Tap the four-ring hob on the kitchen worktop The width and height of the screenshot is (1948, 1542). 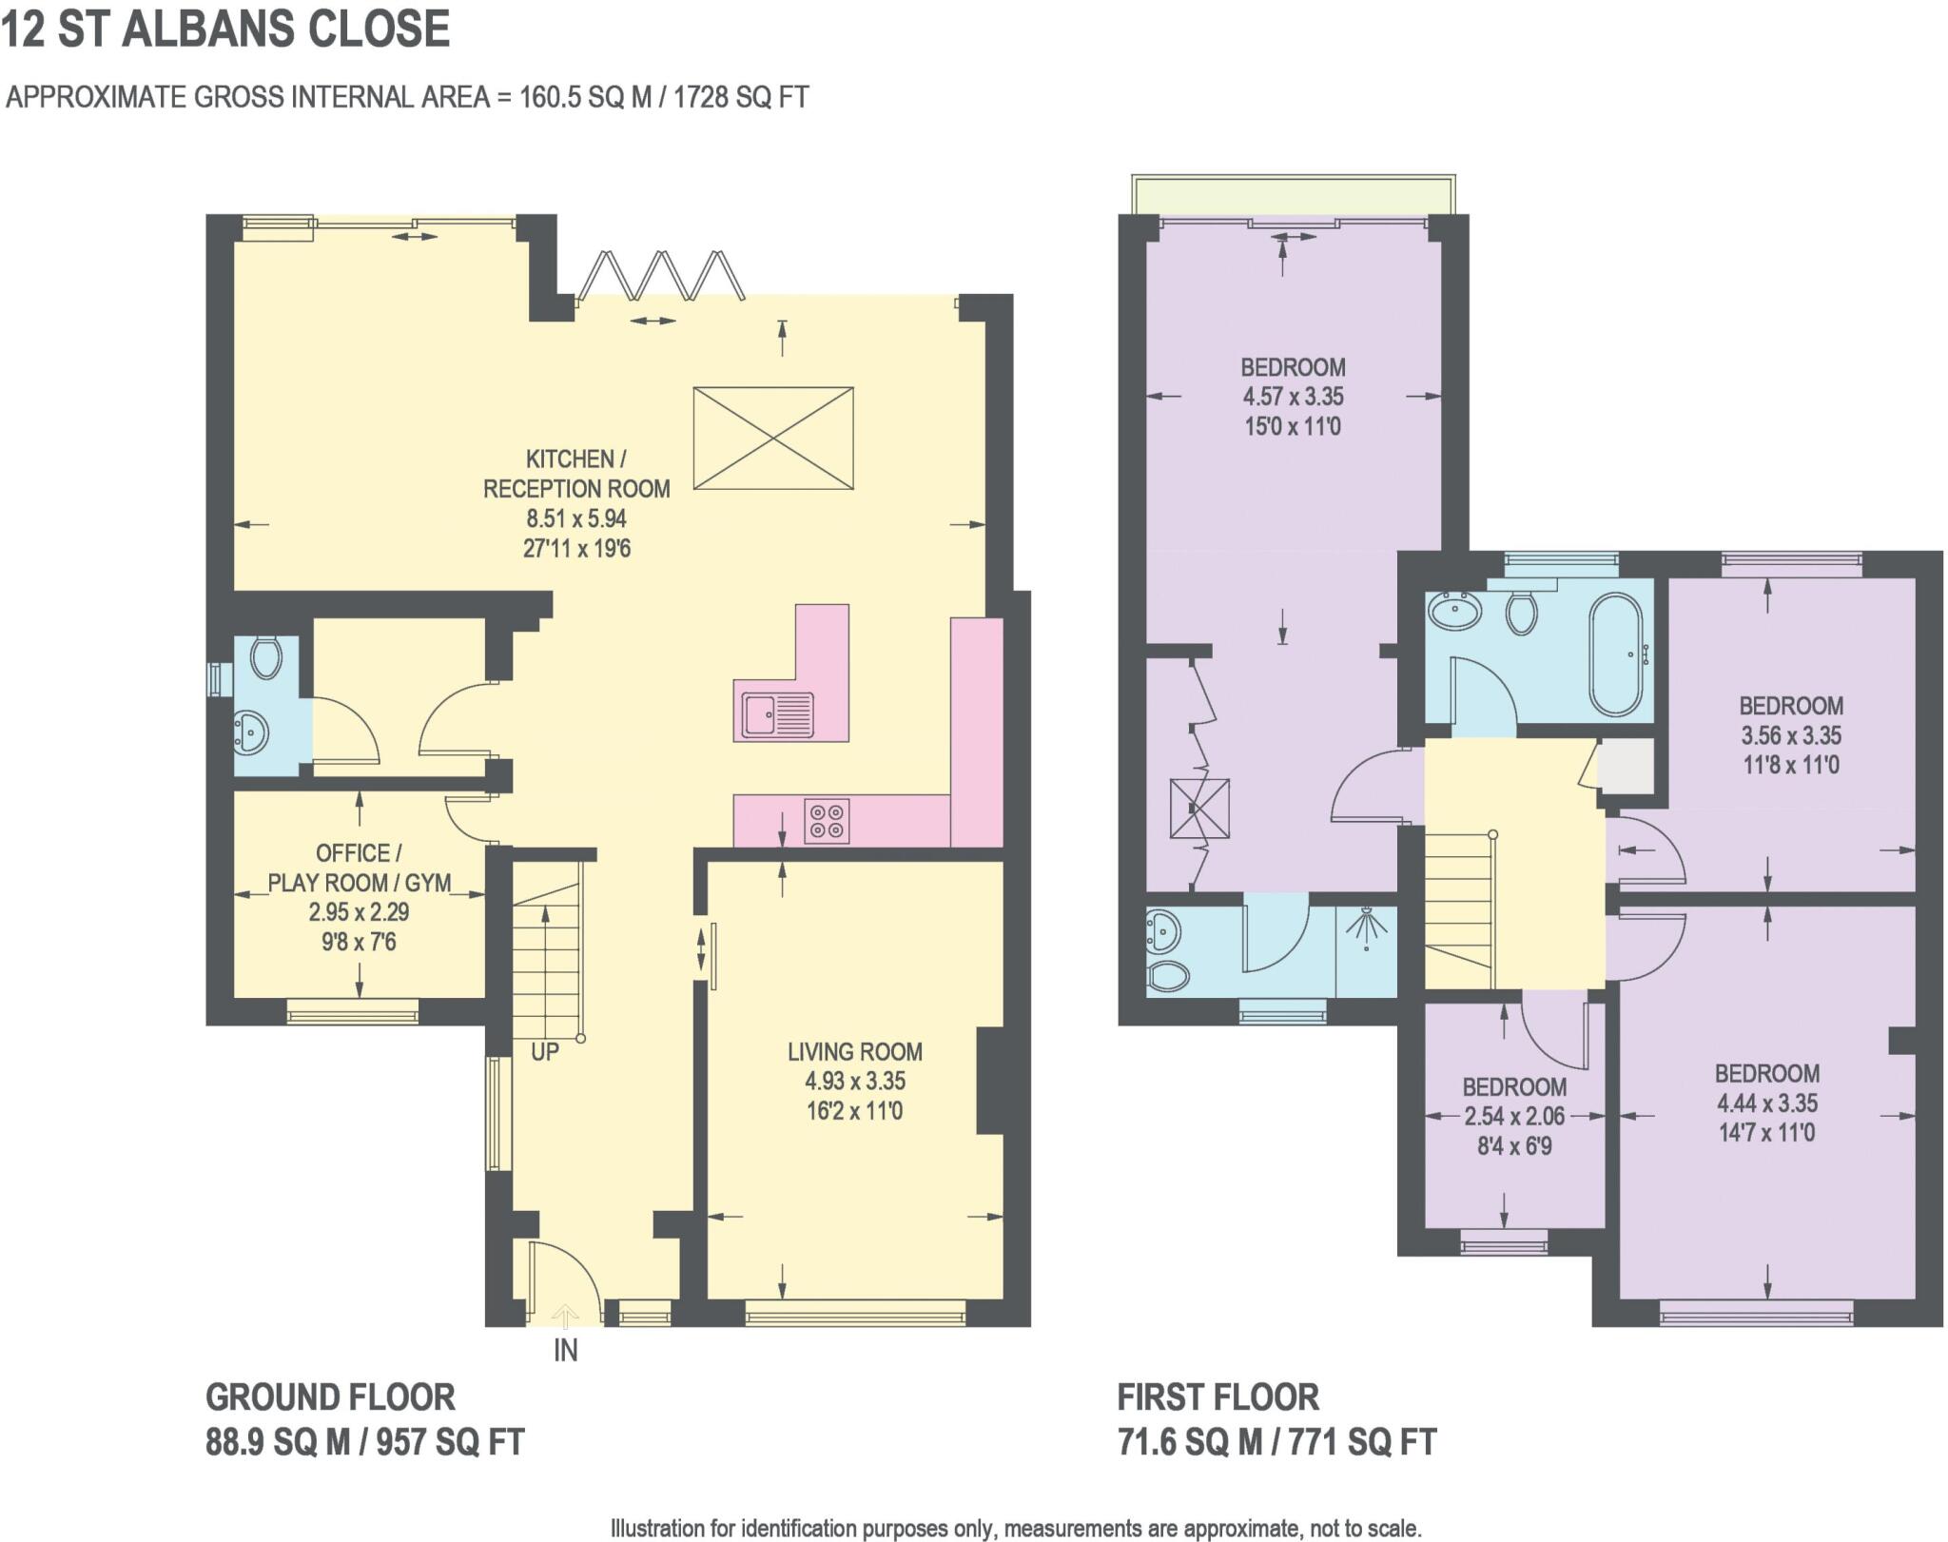point(827,821)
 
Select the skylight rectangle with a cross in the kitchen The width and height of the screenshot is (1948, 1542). point(772,439)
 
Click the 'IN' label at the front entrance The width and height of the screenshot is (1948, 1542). point(565,1350)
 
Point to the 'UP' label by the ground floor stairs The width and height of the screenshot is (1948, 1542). point(545,1051)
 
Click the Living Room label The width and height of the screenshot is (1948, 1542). point(854,1051)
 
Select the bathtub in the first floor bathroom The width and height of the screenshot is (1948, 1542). point(1615,654)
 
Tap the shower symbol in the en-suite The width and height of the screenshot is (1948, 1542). point(1367,927)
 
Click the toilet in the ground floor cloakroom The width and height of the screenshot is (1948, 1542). point(265,656)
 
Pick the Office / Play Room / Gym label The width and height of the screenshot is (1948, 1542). point(359,867)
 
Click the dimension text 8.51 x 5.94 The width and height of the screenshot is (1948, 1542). point(576,518)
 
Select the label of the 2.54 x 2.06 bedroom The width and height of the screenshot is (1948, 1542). point(1514,1086)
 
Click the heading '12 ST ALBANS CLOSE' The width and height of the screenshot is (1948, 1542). point(225,29)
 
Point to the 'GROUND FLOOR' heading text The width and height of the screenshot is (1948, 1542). point(330,1397)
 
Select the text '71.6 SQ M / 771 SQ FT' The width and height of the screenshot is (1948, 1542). point(1276,1442)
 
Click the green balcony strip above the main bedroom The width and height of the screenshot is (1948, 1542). point(1292,195)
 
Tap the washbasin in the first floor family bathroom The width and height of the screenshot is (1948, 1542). point(1453,610)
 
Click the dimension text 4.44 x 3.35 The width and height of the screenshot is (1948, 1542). point(1766,1103)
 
